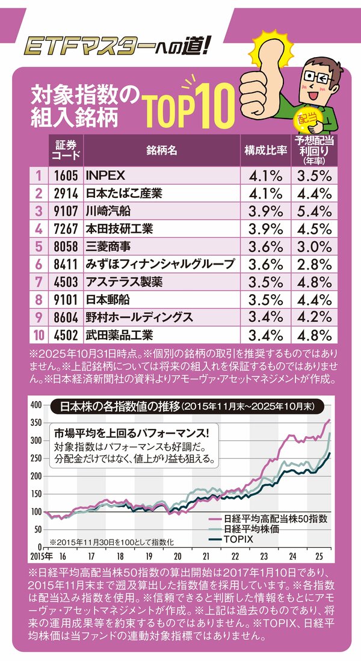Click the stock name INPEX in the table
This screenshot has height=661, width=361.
(105, 176)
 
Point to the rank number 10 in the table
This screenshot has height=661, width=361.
(38, 334)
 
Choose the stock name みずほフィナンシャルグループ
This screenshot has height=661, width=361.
(160, 264)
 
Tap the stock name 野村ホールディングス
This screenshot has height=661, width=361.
(139, 317)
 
